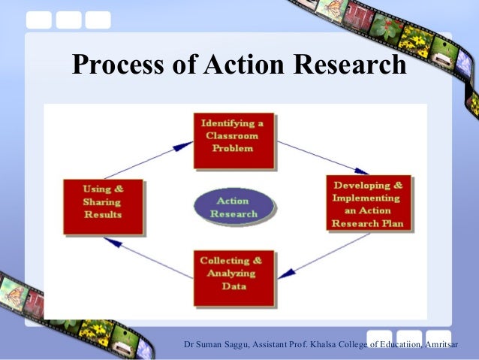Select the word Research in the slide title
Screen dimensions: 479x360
click(x=348, y=65)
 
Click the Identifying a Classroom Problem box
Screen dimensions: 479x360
click(x=233, y=140)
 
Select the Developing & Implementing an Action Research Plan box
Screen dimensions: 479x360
click(x=369, y=203)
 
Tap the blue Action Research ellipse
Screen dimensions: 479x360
click(x=233, y=207)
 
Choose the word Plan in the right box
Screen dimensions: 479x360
click(x=390, y=223)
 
